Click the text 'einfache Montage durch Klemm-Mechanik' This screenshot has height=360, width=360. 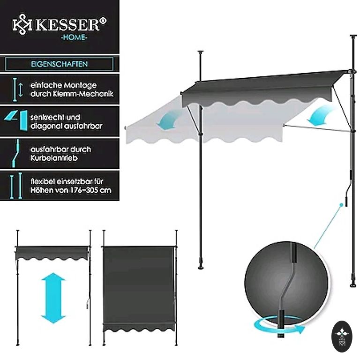click(71, 90)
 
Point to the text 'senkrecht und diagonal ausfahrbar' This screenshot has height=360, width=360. click(66, 121)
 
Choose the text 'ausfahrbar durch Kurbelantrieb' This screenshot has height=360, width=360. click(60, 154)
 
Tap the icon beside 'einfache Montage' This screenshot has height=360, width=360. click(17, 90)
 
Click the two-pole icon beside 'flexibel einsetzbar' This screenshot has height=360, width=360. click(16, 186)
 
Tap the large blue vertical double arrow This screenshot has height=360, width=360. click(53, 298)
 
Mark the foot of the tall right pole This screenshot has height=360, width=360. click(353, 284)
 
